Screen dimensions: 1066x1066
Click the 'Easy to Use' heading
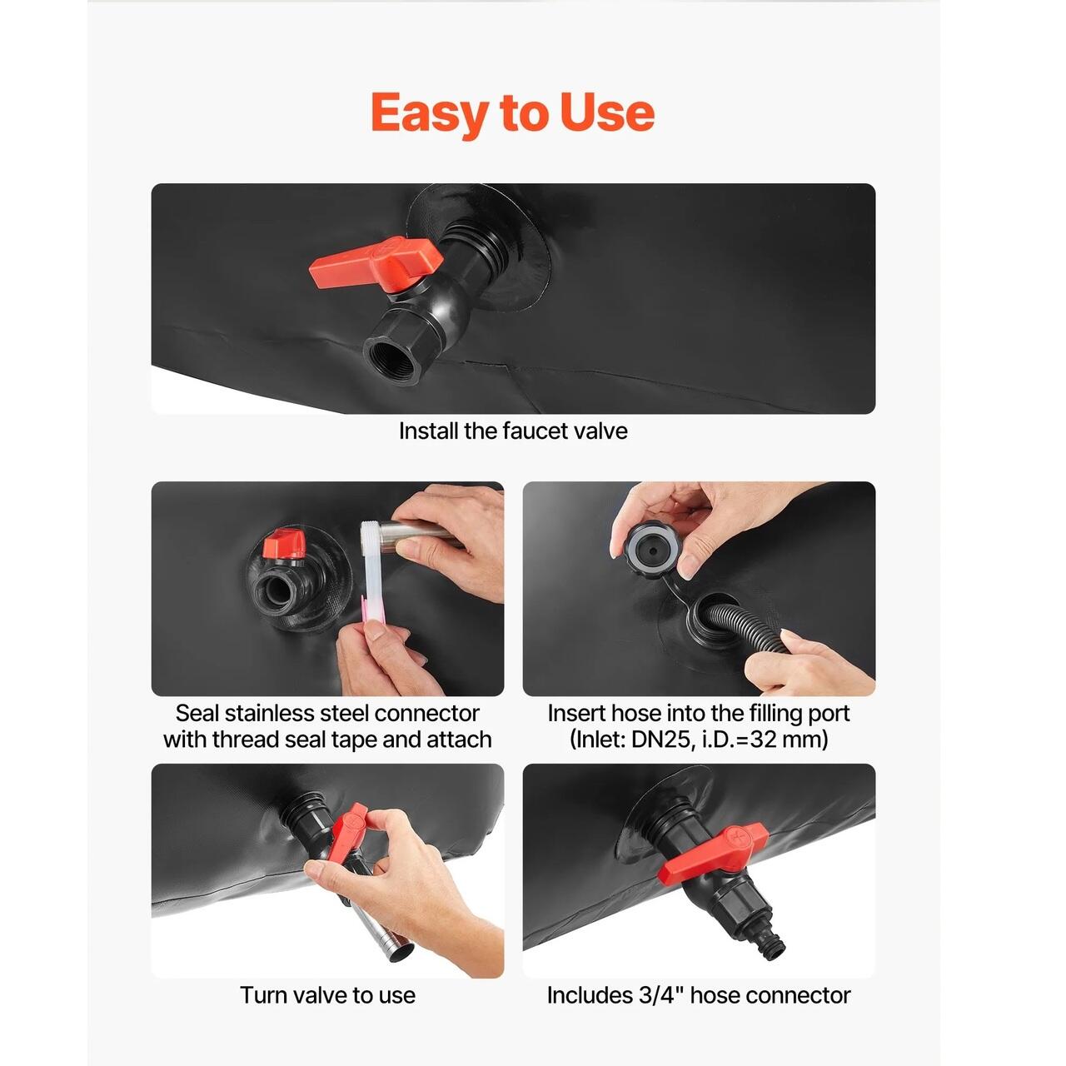click(x=513, y=113)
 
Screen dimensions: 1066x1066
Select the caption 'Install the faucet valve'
click(x=513, y=431)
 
